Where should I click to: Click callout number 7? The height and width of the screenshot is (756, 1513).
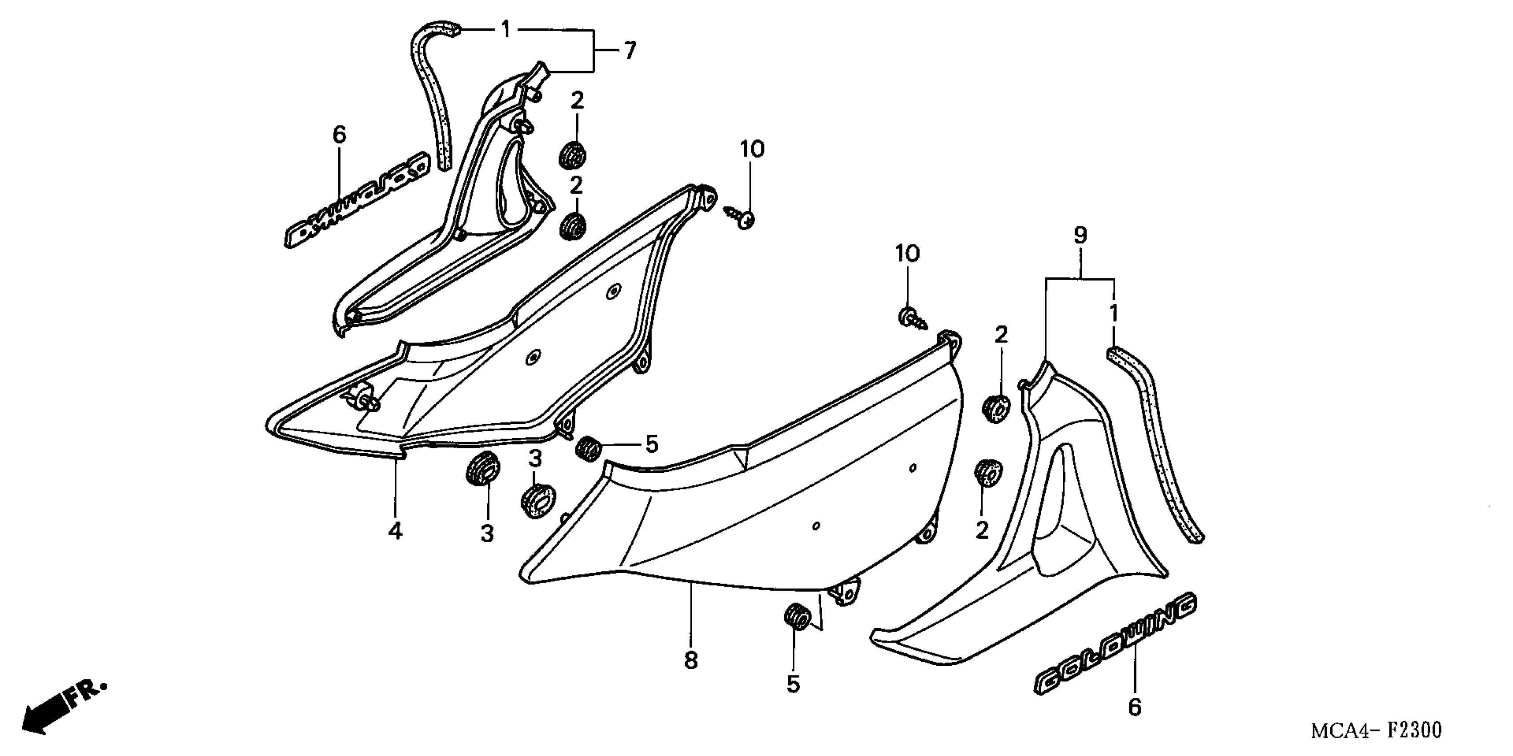[x=630, y=51]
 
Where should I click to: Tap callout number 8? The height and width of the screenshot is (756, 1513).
[x=691, y=660]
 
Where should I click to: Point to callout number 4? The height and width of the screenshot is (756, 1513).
[x=395, y=531]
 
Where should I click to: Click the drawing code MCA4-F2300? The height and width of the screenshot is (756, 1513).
[x=1376, y=730]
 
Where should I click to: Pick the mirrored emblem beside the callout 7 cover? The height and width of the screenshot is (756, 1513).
[x=355, y=201]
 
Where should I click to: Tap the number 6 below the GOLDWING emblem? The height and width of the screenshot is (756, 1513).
[x=1135, y=707]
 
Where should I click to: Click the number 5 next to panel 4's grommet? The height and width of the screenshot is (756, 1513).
[x=652, y=444]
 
